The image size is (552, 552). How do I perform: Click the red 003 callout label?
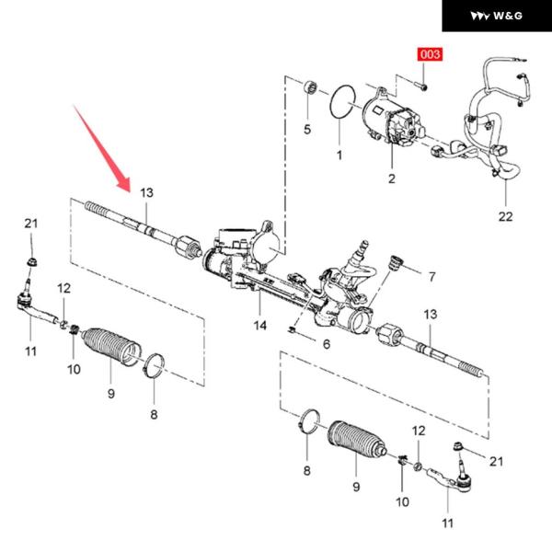431,55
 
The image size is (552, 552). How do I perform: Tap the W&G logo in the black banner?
496,17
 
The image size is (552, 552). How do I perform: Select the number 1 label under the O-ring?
339,155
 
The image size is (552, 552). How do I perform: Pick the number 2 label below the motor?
391,178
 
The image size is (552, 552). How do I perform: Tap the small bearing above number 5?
311,88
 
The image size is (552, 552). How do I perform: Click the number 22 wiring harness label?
505,216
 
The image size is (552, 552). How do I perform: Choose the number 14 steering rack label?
261,326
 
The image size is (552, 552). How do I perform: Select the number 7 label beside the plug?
432,275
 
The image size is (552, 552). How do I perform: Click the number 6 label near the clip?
325,344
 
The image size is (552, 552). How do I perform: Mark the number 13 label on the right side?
430,316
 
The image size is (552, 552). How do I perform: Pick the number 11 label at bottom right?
447,523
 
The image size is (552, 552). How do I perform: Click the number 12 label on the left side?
63,289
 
